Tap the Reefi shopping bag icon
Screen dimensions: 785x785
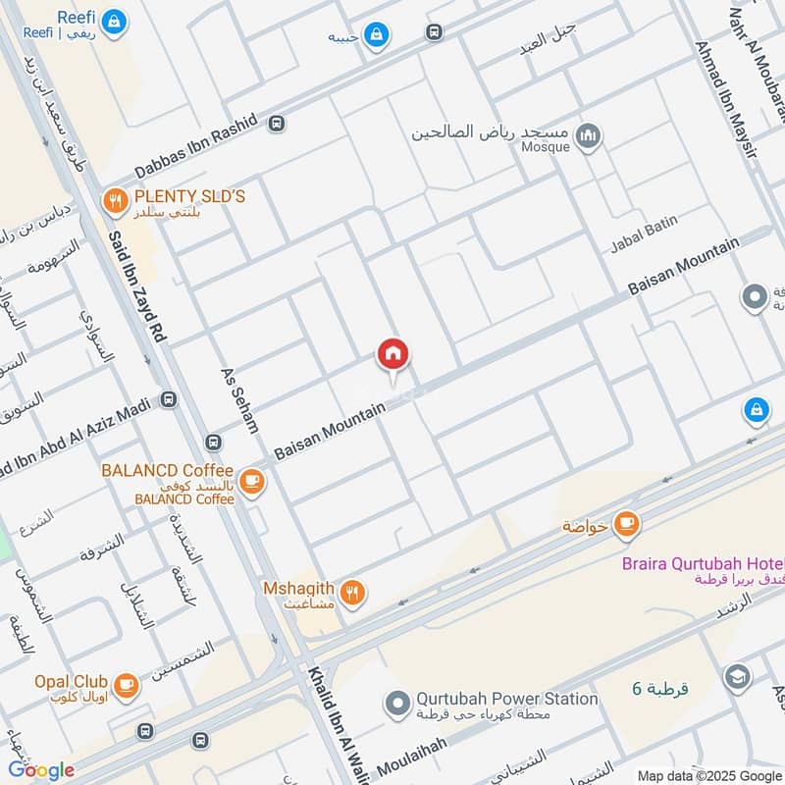tap(115, 20)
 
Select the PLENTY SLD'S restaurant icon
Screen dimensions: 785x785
tap(115, 202)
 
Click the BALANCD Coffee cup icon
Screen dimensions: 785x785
tap(252, 480)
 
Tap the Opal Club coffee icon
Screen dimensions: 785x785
tap(126, 684)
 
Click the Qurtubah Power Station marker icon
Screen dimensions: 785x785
tap(396, 704)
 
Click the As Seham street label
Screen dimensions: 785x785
tap(241, 409)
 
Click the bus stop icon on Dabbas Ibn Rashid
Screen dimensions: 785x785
tap(277, 124)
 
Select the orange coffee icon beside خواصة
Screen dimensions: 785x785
tap(627, 524)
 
